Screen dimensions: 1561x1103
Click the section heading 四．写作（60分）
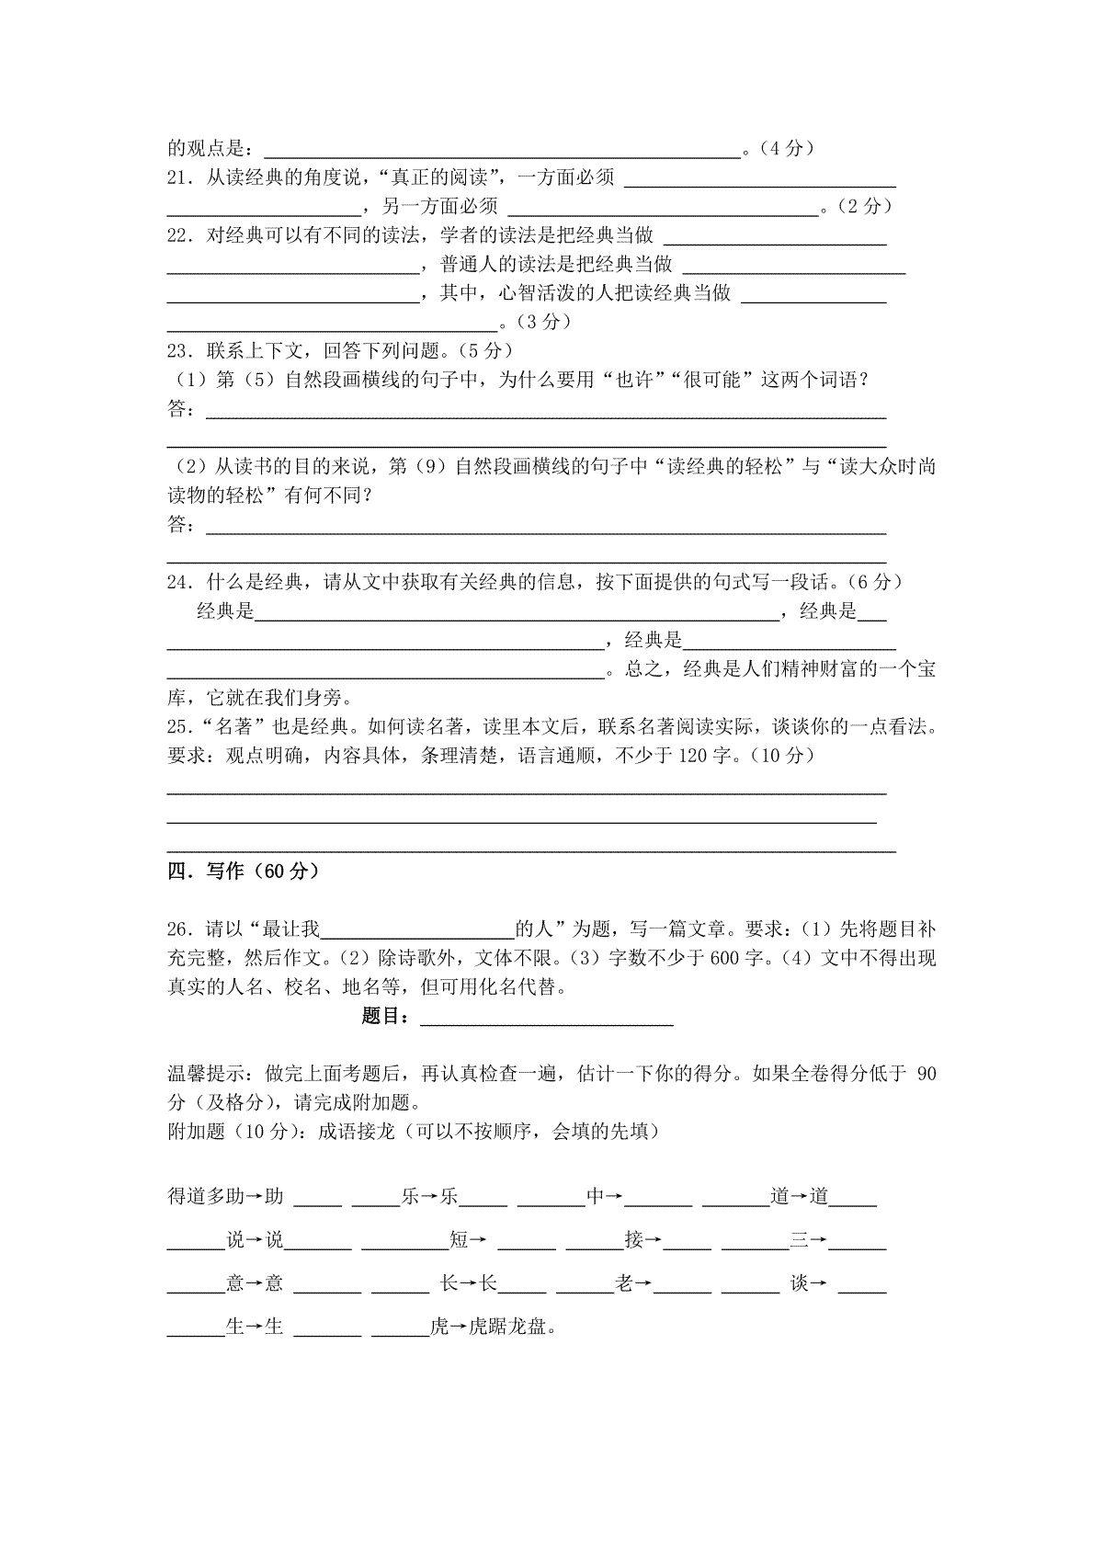pyautogui.click(x=244, y=872)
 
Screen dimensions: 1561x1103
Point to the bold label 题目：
pyautogui.click(x=390, y=1017)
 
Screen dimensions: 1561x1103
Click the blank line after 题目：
pyautogui.click(x=547, y=1019)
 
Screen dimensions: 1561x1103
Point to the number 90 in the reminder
pyautogui.click(x=927, y=1074)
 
